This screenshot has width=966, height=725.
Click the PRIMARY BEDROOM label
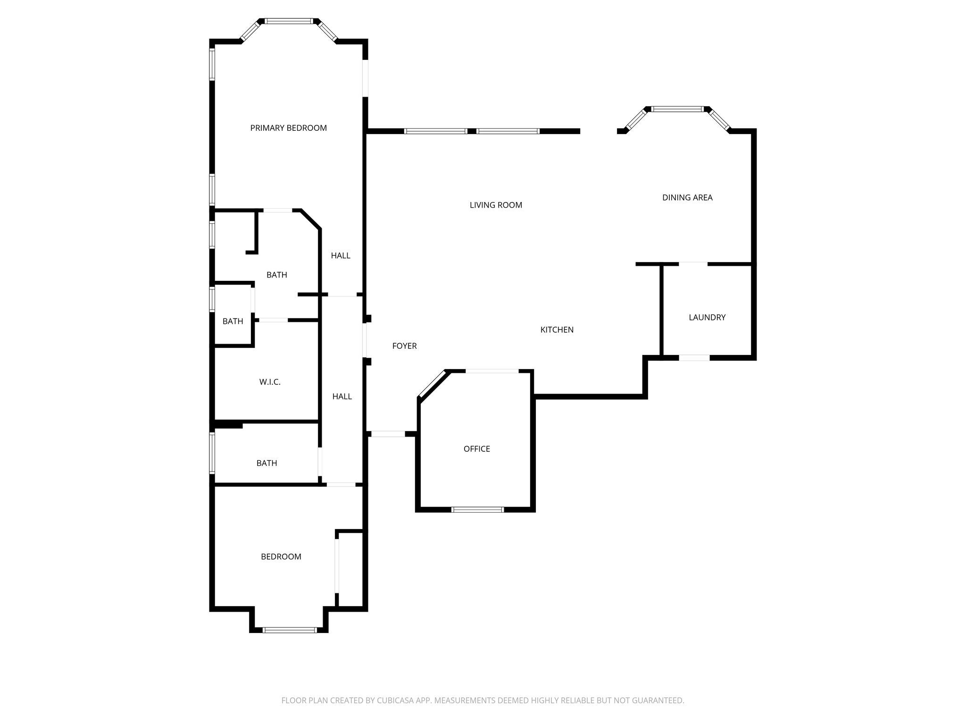click(288, 128)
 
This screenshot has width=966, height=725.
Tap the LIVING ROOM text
click(496, 205)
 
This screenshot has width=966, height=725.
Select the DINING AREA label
click(687, 197)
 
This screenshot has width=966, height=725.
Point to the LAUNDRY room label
click(707, 317)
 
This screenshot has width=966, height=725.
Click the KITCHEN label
click(557, 329)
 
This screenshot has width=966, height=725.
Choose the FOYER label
click(404, 346)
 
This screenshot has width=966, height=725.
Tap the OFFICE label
click(477, 449)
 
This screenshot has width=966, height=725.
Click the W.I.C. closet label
click(270, 382)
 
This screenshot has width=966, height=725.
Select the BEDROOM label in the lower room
click(281, 556)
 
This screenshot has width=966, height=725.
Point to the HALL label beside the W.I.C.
click(342, 396)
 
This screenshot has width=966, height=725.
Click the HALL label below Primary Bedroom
click(341, 255)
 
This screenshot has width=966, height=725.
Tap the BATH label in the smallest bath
click(233, 321)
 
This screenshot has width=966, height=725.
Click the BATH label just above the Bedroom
click(267, 463)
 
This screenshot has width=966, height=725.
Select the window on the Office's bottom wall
click(478, 509)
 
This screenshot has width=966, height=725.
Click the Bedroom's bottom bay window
click(290, 630)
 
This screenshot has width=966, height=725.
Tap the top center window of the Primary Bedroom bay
click(289, 21)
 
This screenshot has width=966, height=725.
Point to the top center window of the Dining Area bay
click(678, 109)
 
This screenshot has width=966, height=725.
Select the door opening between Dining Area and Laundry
click(693, 263)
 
